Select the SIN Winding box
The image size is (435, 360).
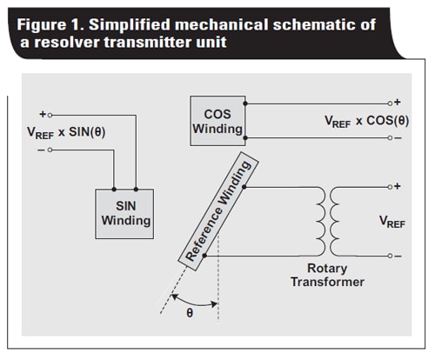click(x=124, y=212)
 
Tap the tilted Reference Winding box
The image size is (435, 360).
click(x=214, y=210)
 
